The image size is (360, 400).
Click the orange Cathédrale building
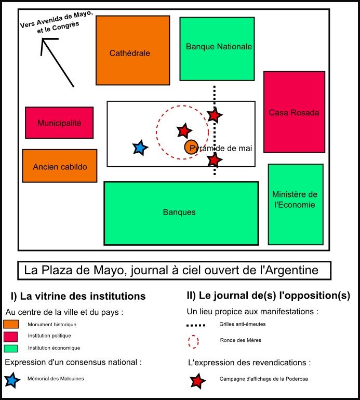132,50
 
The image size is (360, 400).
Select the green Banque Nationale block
217,49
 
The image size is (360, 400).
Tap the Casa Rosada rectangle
294,112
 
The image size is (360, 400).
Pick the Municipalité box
59,123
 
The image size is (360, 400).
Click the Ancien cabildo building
60,166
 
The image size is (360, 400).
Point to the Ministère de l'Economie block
296,204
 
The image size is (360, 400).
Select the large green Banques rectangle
181,214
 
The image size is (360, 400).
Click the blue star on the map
140,148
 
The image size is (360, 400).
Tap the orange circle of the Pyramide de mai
191,147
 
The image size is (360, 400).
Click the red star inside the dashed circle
184,131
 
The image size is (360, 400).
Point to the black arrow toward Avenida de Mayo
58,63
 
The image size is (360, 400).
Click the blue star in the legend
12,380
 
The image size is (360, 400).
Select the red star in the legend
197,381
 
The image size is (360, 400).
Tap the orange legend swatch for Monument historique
11,324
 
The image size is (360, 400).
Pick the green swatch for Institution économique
11,349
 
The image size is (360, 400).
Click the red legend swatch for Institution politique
11,337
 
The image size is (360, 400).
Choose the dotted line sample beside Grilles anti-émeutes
196,325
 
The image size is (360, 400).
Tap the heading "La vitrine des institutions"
83,296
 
